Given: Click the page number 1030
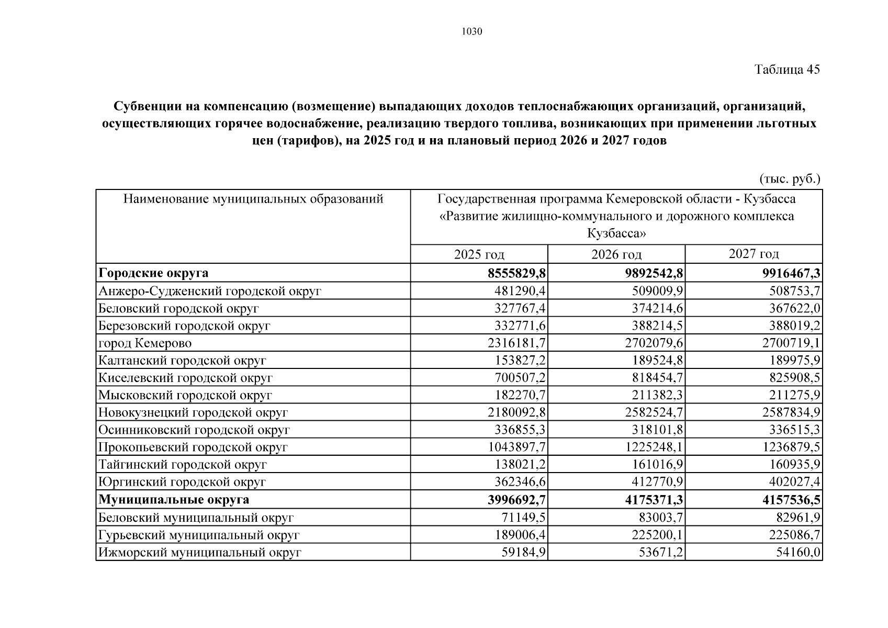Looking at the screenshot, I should (471, 31).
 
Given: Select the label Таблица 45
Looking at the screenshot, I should (786, 70).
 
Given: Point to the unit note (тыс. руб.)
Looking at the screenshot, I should (790, 179).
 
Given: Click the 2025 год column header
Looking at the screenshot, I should (479, 255).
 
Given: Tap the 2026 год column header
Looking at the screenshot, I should (616, 255).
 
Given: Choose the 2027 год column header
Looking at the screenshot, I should (754, 254).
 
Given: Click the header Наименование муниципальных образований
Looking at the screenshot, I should (253, 199).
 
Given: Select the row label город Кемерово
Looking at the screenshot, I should (145, 343).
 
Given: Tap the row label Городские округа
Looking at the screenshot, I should (153, 273).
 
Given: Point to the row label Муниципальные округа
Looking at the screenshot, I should (174, 500).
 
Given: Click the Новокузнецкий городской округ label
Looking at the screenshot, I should (193, 413).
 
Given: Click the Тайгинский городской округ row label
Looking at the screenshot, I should (183, 465).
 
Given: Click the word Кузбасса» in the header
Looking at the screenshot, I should (616, 233).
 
